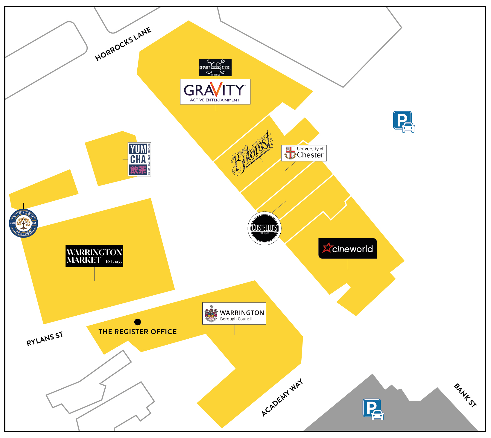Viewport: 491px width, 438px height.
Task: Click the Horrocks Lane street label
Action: (x=123, y=44)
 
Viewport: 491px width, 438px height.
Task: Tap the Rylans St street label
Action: (x=45, y=339)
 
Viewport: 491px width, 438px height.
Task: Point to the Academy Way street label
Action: (x=282, y=398)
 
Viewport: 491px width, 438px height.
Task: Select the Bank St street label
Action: (x=465, y=395)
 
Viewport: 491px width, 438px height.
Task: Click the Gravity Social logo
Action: (x=215, y=67)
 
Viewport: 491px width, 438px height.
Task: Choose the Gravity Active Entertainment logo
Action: (x=215, y=92)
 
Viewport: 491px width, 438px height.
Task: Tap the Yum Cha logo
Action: (x=139, y=159)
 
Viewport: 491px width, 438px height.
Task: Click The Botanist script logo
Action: (x=252, y=153)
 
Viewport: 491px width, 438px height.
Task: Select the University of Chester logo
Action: (x=304, y=153)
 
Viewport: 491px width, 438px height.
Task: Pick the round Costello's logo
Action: (x=264, y=228)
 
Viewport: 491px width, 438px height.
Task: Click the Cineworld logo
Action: (x=348, y=248)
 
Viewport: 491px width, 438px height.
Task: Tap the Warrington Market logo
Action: (x=94, y=256)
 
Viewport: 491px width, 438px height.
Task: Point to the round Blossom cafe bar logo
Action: (x=24, y=223)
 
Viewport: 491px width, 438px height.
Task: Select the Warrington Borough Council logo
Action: (x=234, y=313)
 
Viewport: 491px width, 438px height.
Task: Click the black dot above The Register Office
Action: (x=138, y=322)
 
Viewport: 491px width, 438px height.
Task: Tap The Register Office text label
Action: (x=138, y=332)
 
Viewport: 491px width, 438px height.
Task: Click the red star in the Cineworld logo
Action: (x=327, y=248)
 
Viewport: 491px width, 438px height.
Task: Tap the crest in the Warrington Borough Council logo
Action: (x=211, y=314)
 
